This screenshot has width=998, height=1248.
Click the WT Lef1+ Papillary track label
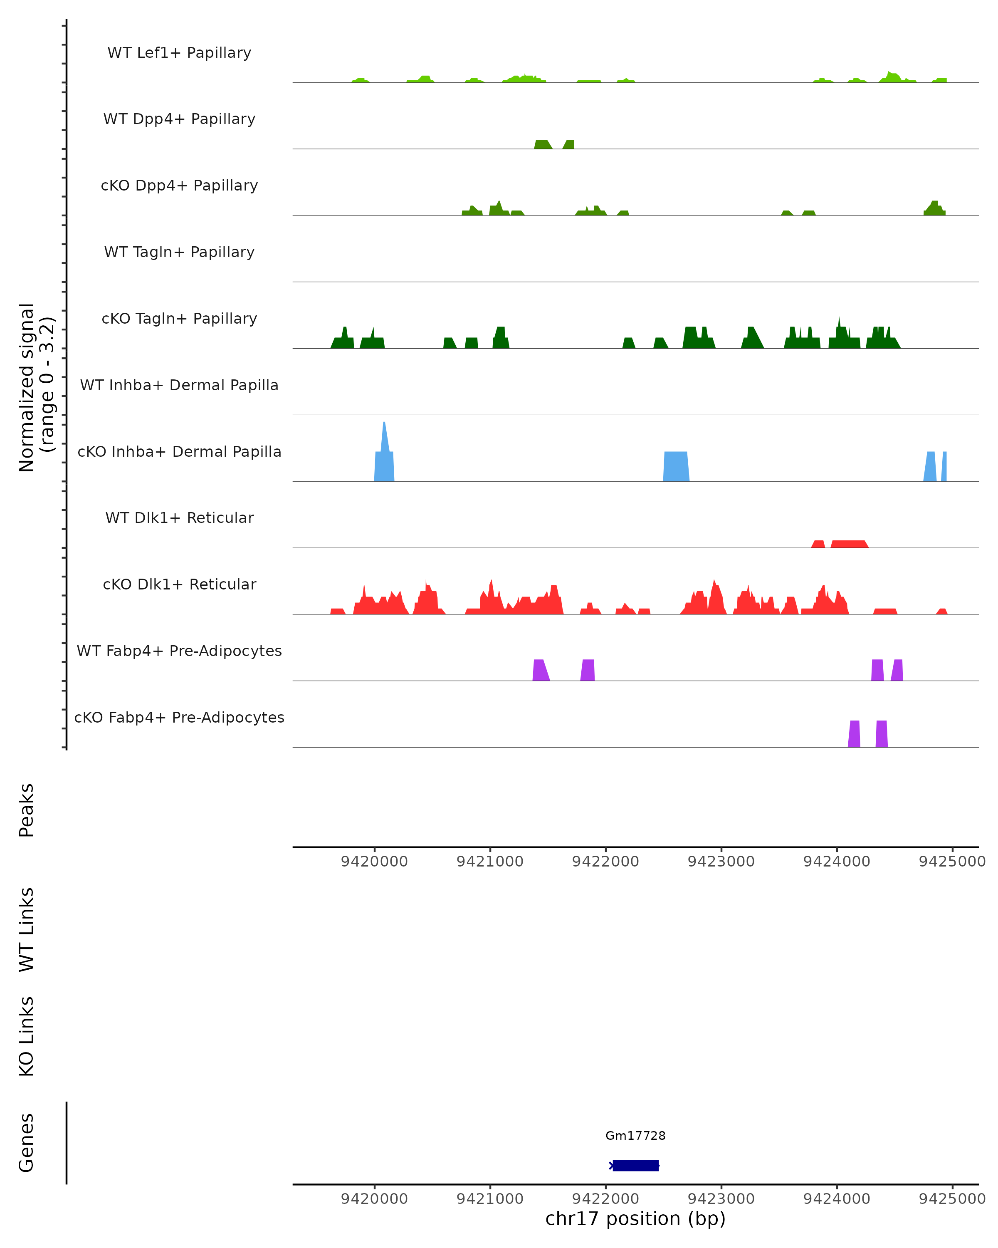point(179,53)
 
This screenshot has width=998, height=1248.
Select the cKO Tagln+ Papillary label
point(179,318)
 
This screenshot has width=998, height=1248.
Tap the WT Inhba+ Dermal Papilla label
point(179,385)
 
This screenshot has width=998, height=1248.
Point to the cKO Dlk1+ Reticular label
point(179,584)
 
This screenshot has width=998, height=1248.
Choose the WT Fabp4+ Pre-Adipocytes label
point(179,651)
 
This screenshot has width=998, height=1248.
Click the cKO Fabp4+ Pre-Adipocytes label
point(179,717)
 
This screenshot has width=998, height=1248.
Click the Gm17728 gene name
point(635,1136)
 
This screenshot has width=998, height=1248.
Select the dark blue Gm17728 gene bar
point(635,1166)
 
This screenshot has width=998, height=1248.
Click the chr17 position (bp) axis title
point(635,1219)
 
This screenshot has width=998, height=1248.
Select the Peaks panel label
point(27,810)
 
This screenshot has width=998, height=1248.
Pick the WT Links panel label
point(27,929)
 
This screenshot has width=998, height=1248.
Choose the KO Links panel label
point(27,1036)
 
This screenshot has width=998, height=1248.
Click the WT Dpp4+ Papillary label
point(179,119)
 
